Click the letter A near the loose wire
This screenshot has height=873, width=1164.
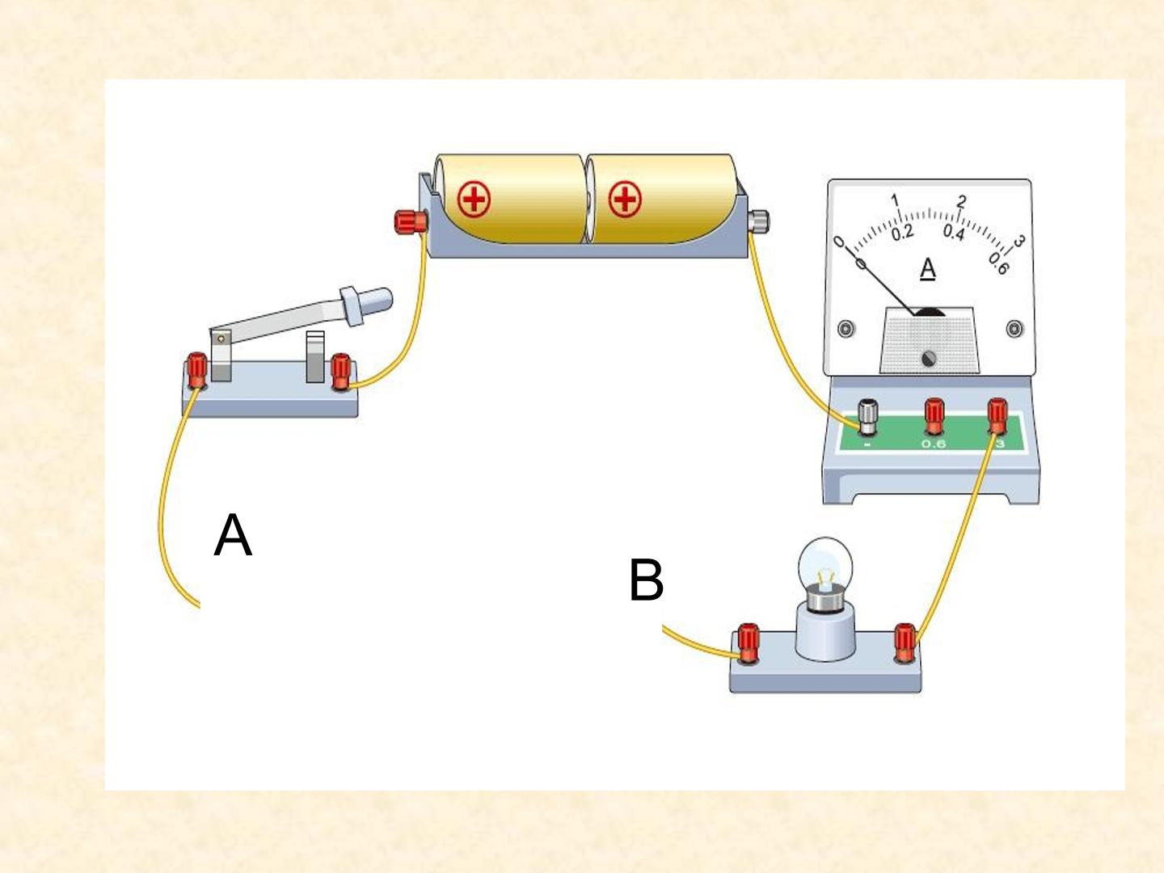(x=233, y=535)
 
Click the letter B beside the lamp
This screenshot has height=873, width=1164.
(x=647, y=580)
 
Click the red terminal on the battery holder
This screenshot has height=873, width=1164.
(x=411, y=221)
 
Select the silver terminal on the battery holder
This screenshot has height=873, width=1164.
(x=758, y=221)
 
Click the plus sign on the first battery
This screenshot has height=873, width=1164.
(x=474, y=200)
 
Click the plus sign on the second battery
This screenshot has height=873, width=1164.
(x=625, y=200)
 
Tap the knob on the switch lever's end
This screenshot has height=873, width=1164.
(x=365, y=306)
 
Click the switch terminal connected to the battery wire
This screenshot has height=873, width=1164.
(x=340, y=372)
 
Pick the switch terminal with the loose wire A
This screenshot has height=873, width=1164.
(x=196, y=370)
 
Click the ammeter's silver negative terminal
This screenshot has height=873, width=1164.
(x=867, y=417)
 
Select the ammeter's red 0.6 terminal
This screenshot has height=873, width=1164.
(x=934, y=417)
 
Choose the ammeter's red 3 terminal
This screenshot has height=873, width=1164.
(x=997, y=416)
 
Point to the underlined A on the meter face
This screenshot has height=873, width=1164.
(x=927, y=268)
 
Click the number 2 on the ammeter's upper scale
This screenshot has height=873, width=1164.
(x=961, y=201)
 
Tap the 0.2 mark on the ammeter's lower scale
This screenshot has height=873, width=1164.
(x=903, y=233)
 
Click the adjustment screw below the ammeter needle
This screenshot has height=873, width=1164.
(x=929, y=359)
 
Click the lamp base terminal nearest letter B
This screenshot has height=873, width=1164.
(x=748, y=643)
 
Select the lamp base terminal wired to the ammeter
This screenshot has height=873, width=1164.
(x=905, y=643)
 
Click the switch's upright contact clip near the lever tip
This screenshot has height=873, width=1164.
(x=315, y=356)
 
